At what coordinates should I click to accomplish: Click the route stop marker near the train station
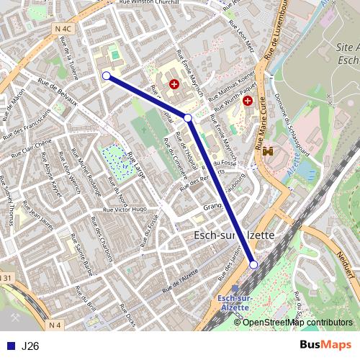[x=253, y=265]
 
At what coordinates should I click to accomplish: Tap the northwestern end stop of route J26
[x=107, y=76]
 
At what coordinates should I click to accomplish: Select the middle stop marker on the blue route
[x=187, y=117]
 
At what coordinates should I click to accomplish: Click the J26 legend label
[x=30, y=346]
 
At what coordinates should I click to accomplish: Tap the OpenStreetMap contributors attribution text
[x=297, y=322]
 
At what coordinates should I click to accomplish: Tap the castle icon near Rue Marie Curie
[x=267, y=152]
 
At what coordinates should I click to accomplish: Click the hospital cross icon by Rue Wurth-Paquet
[x=248, y=102]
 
